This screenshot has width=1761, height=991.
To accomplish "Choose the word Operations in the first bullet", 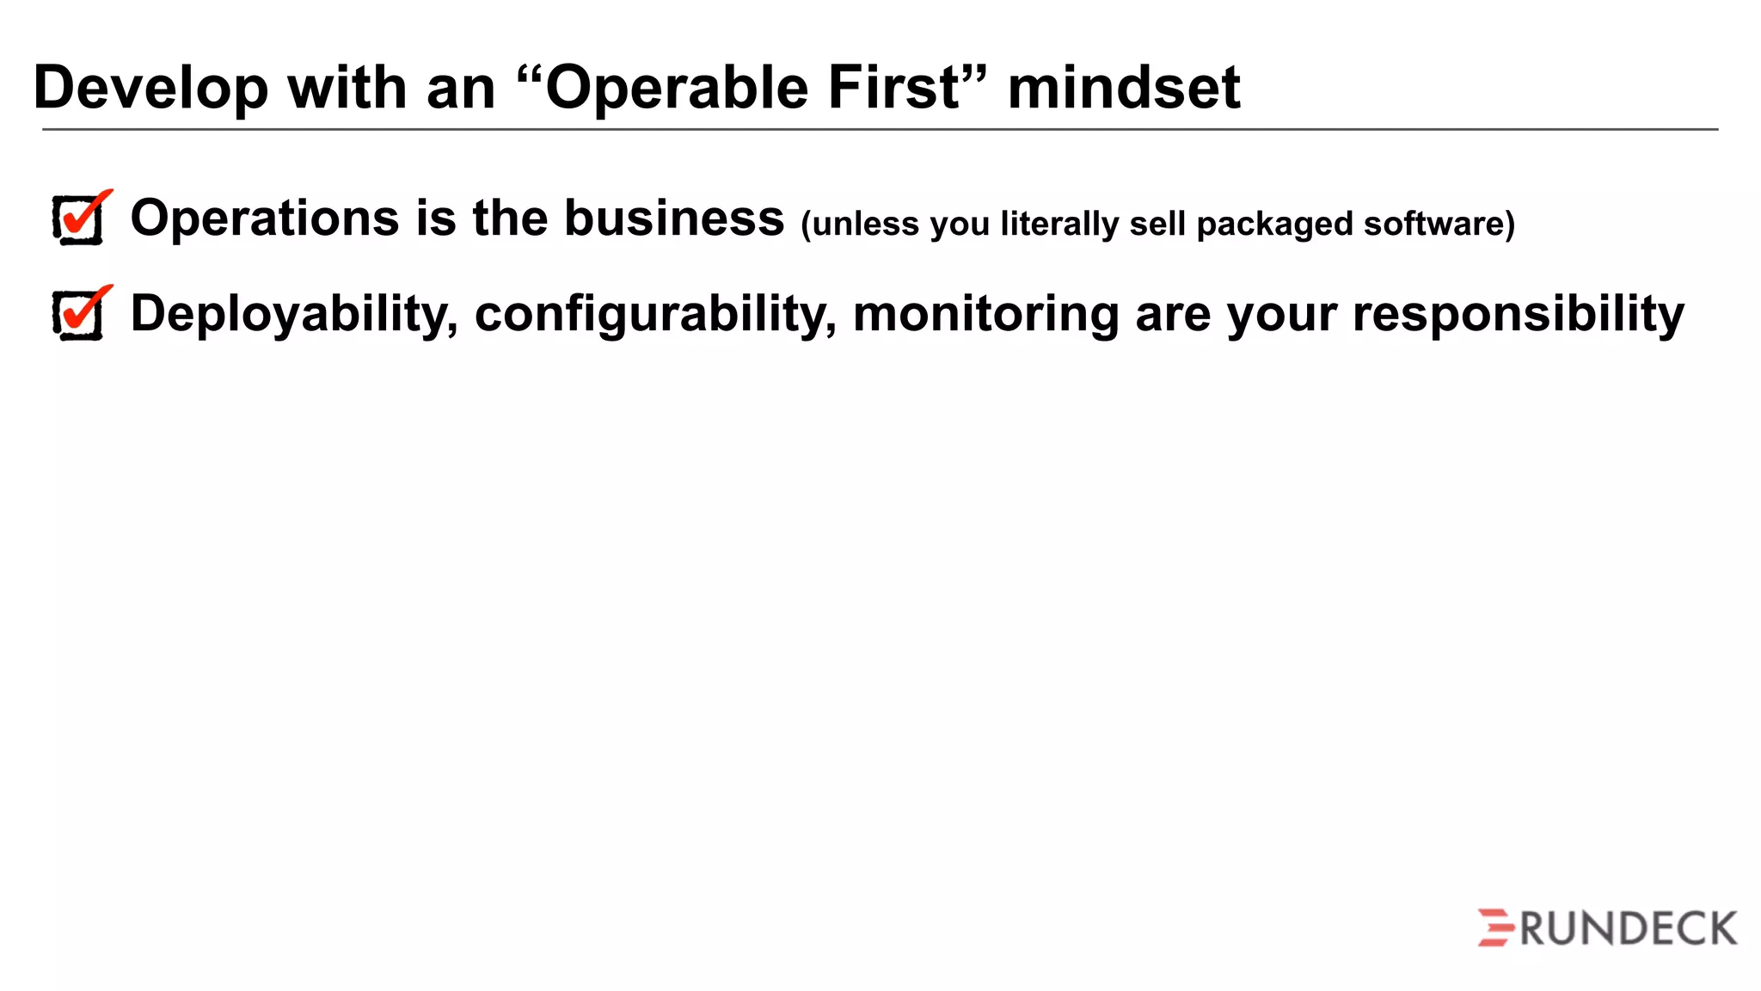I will [x=265, y=219].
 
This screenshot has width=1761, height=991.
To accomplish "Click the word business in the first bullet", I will [x=674, y=217].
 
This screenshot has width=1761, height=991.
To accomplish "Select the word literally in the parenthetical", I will [x=1059, y=224].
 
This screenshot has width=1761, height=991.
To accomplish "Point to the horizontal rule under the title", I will [x=880, y=130].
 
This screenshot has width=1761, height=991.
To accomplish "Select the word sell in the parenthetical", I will [x=1157, y=224].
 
